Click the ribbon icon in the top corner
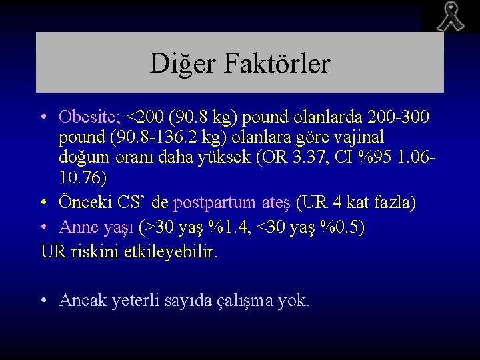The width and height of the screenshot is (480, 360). pyautogui.click(x=451, y=17)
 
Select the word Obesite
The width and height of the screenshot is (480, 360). pyautogui.click(x=85, y=117)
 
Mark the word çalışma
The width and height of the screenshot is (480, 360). pyautogui.click(x=248, y=301)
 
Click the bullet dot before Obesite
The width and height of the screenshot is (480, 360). pyautogui.click(x=43, y=118)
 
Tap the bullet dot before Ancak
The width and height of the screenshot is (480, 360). pyautogui.click(x=43, y=301)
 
